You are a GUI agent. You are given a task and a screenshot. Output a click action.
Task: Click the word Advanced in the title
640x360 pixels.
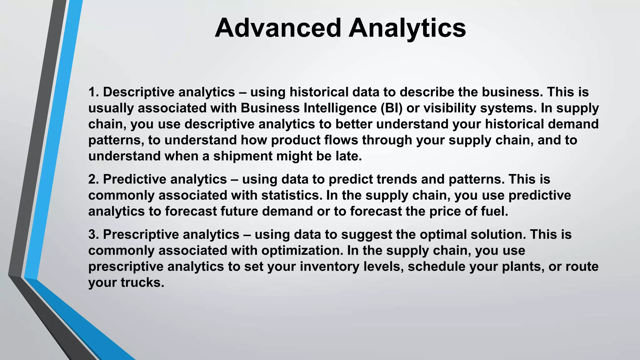pyautogui.click(x=277, y=28)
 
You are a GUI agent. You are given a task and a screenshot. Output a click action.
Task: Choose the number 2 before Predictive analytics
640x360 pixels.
pyautogui.click(x=92, y=179)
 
